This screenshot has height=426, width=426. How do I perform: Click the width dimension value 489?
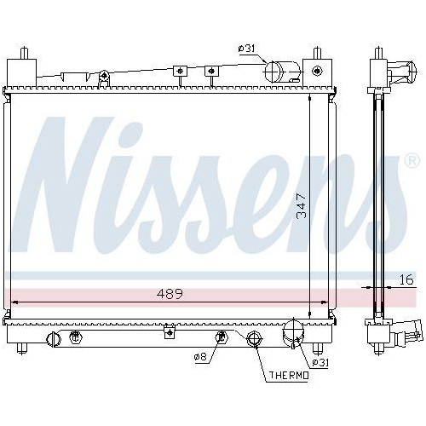point(168,294)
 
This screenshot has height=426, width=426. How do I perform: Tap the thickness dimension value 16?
point(406,279)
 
